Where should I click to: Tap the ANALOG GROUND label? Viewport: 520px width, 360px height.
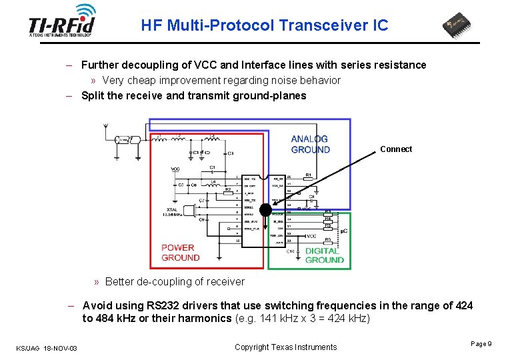pyautogui.click(x=310, y=144)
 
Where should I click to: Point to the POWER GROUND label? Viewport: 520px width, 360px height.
pyautogui.click(x=180, y=253)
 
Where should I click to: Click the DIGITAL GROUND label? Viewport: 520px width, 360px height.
pyautogui.click(x=325, y=255)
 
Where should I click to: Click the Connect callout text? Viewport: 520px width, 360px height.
pyautogui.click(x=396, y=149)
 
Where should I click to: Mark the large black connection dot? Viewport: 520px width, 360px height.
pyautogui.click(x=265, y=210)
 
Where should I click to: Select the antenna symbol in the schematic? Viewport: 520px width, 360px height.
pyautogui.click(x=106, y=130)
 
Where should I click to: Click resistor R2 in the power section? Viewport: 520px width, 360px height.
pyautogui.click(x=227, y=190)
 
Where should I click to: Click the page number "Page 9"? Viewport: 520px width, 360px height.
pyautogui.click(x=481, y=343)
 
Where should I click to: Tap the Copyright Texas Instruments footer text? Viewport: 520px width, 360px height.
pyautogui.click(x=286, y=347)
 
